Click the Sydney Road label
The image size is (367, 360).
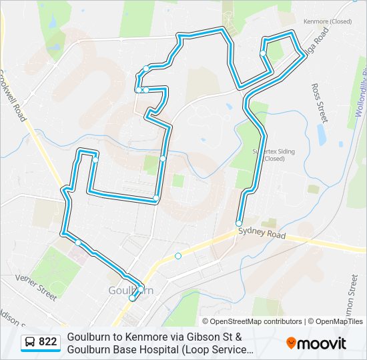pyautogui.click(x=262, y=234)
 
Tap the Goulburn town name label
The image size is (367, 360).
pyautogui.click(x=131, y=291)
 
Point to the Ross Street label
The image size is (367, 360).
pyautogui.click(x=320, y=103)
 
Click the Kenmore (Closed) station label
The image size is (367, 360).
pyautogui.click(x=327, y=21)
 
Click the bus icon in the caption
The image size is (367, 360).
pyautogui.click(x=30, y=343)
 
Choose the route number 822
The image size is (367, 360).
pyautogui.click(x=48, y=343)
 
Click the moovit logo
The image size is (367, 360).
pyautogui.click(x=316, y=343)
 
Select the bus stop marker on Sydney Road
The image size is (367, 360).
pyautogui.click(x=178, y=256)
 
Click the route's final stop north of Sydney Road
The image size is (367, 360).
pyautogui.click(x=239, y=223)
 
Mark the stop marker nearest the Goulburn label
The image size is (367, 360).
pyautogui.click(x=132, y=298)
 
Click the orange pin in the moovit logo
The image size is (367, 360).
pyautogui.click(x=291, y=343)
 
